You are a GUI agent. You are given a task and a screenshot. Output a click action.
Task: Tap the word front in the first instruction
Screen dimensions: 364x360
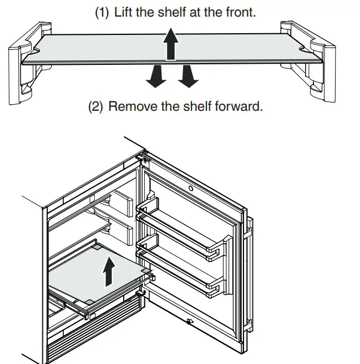[x=239, y=12]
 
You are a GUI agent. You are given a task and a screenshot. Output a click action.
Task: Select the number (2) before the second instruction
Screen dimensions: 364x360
[x=98, y=106]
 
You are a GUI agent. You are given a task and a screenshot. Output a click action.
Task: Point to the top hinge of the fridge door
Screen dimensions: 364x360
[x=143, y=157]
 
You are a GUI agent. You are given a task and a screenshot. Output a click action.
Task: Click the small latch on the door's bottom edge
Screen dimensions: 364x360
[x=190, y=322]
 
